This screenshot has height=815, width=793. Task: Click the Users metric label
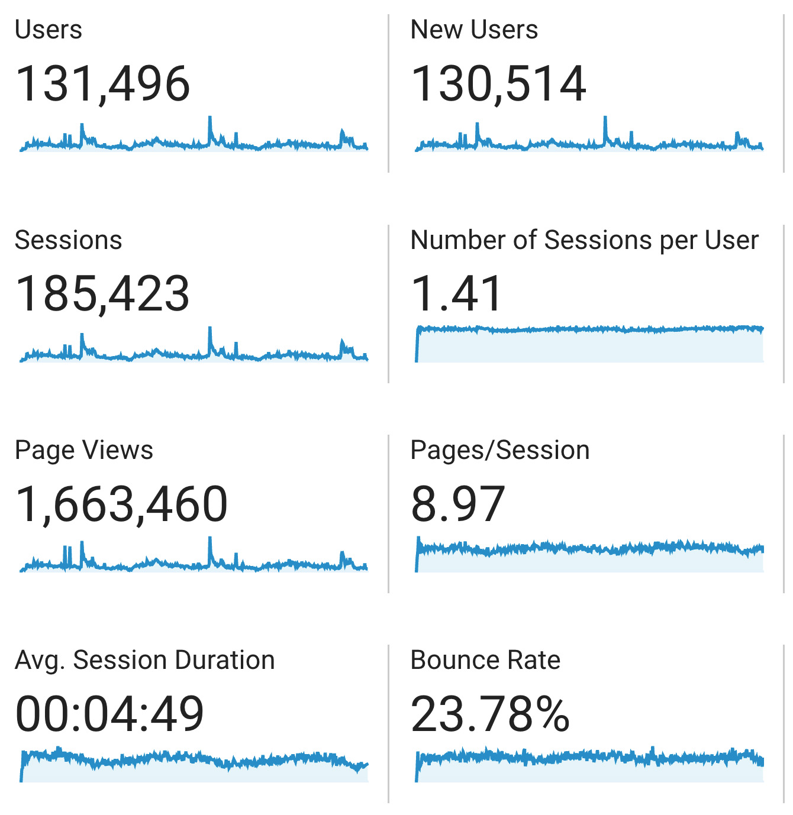click(x=49, y=30)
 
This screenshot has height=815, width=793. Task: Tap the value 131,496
click(x=102, y=84)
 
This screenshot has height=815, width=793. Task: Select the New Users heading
click(x=474, y=30)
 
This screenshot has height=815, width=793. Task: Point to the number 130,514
click(x=498, y=84)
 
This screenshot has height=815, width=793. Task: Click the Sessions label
click(x=68, y=240)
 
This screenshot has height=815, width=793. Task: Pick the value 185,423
click(x=102, y=294)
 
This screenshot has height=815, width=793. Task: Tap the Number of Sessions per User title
click(x=584, y=240)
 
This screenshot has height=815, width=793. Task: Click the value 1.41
click(x=456, y=294)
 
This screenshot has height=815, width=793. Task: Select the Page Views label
click(x=83, y=450)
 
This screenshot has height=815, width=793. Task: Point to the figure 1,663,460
click(x=121, y=504)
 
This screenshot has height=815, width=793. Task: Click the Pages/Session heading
click(x=500, y=450)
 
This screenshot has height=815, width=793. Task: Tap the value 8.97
click(x=458, y=504)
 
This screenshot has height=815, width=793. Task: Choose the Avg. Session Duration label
click(x=144, y=660)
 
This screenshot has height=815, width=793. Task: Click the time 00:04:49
click(x=109, y=714)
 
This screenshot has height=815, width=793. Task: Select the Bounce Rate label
click(x=485, y=660)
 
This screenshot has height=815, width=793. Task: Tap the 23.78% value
click(x=490, y=714)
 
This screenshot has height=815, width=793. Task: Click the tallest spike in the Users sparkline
click(x=209, y=118)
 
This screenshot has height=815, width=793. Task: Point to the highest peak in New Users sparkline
click(x=605, y=118)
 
